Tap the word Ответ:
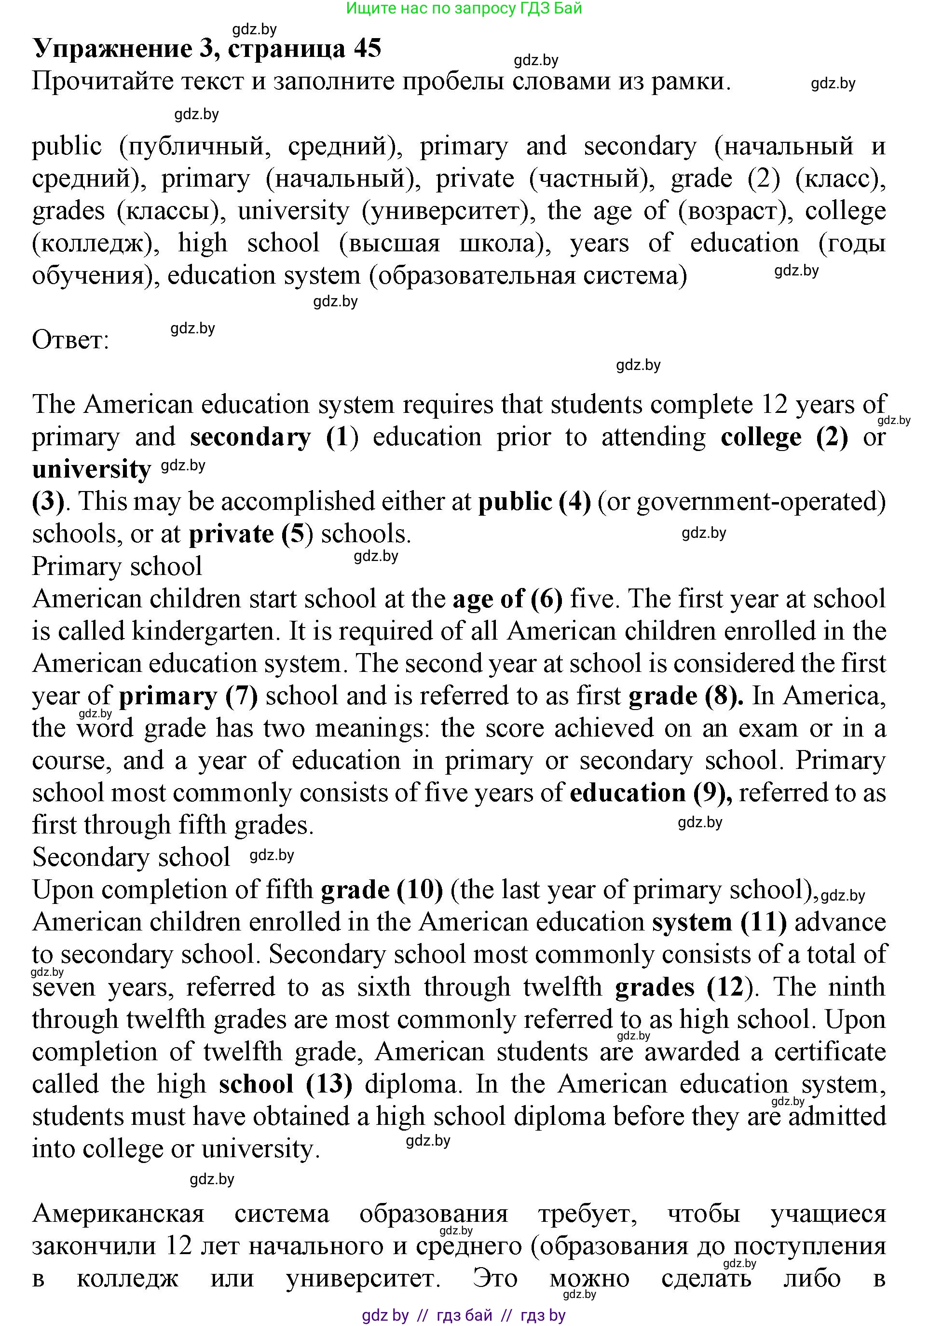70,340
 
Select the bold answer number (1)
342,437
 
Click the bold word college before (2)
760,437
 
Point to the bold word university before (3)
91,469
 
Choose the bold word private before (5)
231,533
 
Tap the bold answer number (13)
329,1084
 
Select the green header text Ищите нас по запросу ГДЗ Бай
464,8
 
